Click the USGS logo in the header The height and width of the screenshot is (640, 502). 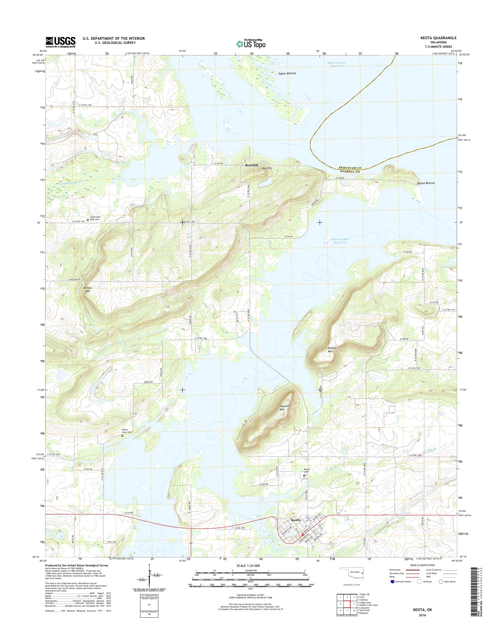(x=61, y=42)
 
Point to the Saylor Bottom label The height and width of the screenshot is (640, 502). (x=287, y=73)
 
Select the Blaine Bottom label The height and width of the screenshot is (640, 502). (x=426, y=183)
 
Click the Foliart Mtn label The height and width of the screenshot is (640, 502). (x=332, y=349)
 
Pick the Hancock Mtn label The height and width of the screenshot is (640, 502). (x=284, y=407)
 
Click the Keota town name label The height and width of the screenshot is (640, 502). (x=295, y=520)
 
